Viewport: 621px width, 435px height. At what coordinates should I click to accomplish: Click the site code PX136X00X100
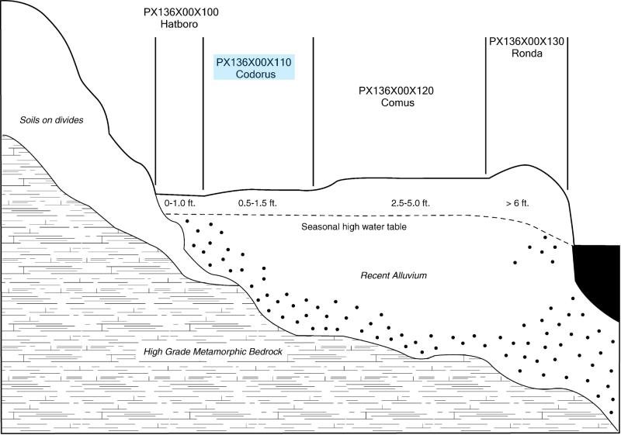tap(181, 12)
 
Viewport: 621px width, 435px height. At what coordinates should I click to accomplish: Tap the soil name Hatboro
tap(179, 24)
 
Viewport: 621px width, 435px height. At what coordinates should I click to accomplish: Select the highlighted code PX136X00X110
tap(254, 62)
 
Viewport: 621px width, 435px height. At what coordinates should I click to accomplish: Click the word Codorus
tap(255, 74)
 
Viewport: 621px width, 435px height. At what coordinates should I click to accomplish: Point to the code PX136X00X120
tap(396, 91)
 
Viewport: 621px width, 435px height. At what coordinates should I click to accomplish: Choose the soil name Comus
tap(397, 102)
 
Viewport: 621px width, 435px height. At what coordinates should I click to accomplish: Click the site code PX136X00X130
tap(526, 42)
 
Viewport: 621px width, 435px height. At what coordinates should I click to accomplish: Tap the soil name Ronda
tap(527, 54)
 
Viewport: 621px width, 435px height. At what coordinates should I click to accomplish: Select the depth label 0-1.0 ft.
tap(180, 203)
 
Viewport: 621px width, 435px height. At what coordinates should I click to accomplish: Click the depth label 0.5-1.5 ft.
tap(258, 203)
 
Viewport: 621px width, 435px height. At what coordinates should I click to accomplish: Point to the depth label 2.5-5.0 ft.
tap(411, 203)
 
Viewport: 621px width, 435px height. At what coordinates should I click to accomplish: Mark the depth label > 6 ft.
tap(517, 203)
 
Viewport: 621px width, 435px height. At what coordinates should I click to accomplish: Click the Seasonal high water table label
tap(354, 227)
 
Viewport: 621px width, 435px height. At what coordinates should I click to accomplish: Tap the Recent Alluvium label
tap(394, 275)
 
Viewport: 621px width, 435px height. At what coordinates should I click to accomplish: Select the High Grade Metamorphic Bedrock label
tap(213, 352)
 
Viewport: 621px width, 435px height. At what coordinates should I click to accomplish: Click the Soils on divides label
tap(51, 120)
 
